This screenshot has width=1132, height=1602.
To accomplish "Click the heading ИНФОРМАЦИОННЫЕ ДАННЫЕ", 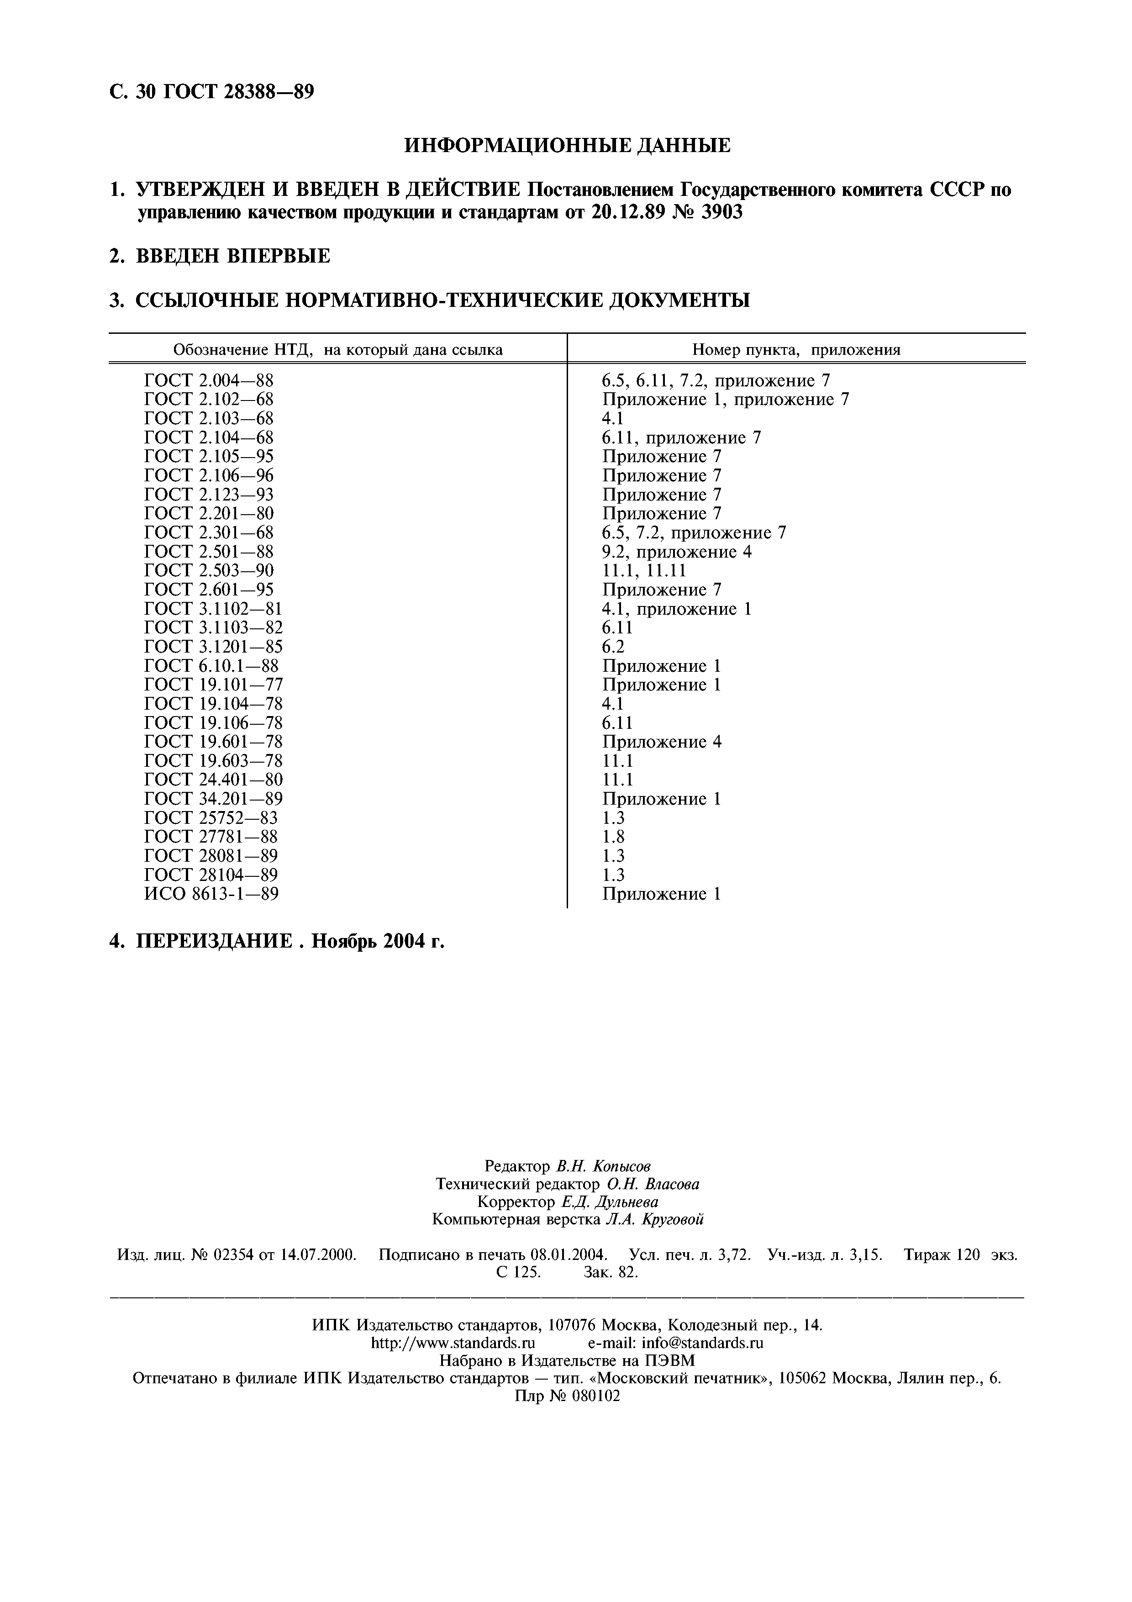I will point(567,145).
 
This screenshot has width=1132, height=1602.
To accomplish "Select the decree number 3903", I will point(719,212).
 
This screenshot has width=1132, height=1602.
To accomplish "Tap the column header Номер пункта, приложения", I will point(796,349).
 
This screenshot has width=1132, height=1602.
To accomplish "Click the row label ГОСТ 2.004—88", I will point(209,380).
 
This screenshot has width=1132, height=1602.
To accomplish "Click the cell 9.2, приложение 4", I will point(677,552).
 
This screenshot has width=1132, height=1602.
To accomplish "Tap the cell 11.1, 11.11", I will point(644,571).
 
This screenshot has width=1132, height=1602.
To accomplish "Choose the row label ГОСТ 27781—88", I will point(211,837).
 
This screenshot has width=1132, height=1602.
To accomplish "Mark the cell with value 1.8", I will point(613,837).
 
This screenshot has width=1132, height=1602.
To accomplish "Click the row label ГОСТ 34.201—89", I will point(213,798).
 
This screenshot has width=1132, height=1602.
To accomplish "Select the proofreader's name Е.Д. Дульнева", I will point(609,1201).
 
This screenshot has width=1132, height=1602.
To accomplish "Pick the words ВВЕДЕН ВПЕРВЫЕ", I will point(232,256).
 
